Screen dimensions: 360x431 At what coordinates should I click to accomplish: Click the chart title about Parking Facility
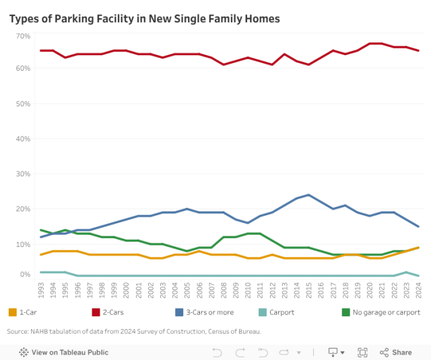144,18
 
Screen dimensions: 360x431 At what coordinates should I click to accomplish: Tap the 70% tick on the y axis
23,35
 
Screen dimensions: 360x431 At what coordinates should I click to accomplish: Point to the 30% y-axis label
23,174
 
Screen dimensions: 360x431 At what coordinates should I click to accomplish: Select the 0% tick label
25,275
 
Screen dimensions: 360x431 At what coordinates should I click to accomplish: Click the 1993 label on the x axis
42,290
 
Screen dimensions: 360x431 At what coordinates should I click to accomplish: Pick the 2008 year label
224,290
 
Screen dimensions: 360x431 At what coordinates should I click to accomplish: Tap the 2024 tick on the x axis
418,290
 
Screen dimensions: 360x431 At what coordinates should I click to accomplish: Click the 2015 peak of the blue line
308,195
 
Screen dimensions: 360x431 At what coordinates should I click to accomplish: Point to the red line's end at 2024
418,50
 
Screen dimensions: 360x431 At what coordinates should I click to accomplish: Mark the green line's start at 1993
42,230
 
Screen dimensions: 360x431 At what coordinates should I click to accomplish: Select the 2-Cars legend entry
111,312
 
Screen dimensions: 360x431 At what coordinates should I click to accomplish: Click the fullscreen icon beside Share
362,352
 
